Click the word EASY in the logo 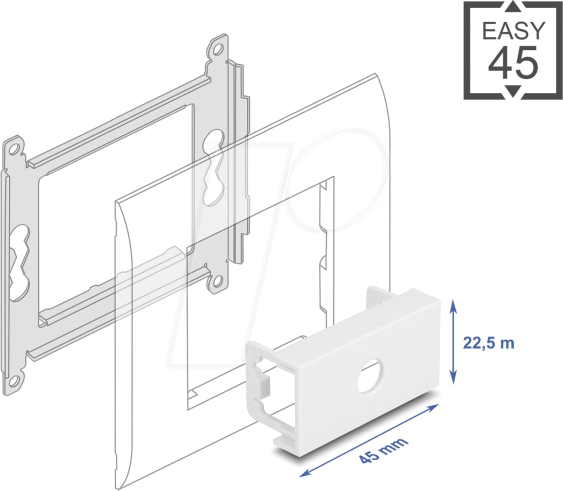click(513, 31)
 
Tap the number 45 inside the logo click(514, 62)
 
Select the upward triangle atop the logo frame click(514, 6)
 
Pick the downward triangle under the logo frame click(514, 92)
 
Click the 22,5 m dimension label click(489, 343)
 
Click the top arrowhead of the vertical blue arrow click(453, 306)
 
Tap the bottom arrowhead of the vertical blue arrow click(453, 378)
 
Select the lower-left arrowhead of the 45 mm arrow click(304, 472)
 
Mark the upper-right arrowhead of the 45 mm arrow click(433, 407)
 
